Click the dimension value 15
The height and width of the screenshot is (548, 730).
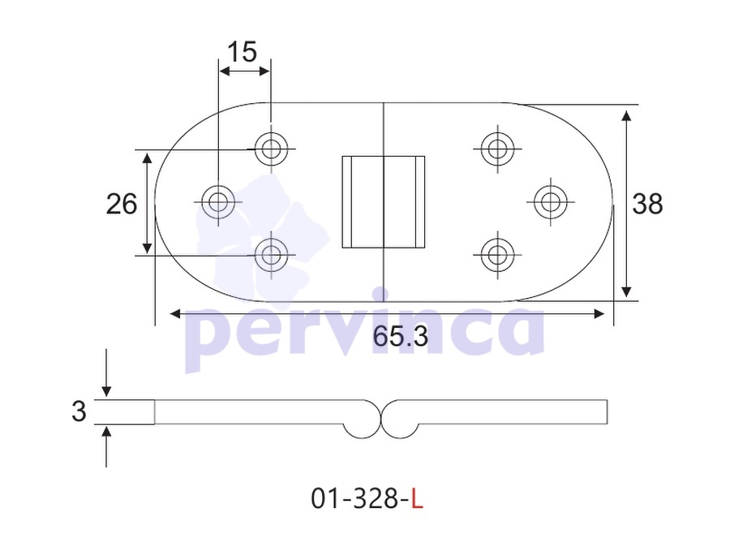coord(243,51)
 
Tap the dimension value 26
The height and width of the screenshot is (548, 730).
coord(122,204)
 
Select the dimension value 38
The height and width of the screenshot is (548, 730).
coord(647,204)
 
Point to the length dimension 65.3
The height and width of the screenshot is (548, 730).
coord(400,336)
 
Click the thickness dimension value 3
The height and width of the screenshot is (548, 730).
coord(79,412)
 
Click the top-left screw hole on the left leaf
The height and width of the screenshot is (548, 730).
coord(271,149)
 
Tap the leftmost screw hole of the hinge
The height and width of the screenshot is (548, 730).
coord(218,202)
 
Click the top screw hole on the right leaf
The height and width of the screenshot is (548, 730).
coord(498,149)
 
